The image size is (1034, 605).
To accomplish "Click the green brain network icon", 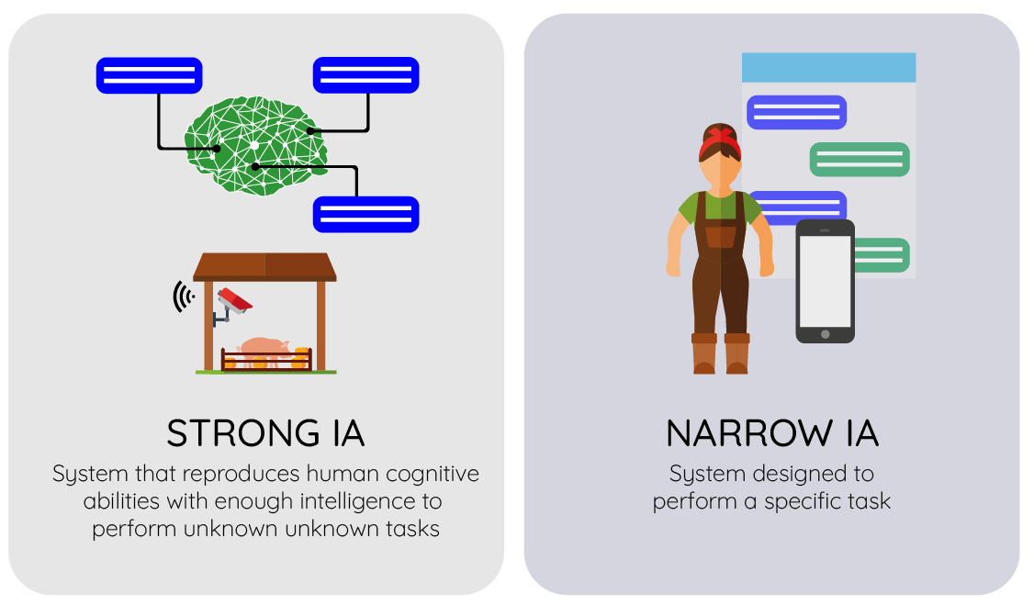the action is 256,146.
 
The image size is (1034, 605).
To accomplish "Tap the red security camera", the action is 235,300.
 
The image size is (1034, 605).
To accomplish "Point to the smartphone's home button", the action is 825,334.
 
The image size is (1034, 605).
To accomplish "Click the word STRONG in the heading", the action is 242,433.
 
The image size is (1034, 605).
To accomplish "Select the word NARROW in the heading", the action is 749,433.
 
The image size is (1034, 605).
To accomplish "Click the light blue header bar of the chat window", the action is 828,67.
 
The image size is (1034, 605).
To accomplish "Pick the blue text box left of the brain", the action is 149,75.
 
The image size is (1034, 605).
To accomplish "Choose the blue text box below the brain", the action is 366,214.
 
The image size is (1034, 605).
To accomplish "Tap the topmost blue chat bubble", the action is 796,112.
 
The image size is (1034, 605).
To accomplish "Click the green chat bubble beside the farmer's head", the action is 860,160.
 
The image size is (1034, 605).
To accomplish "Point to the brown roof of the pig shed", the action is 264,267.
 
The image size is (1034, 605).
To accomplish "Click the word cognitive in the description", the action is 433,475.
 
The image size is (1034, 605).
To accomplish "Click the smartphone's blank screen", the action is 825,282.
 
